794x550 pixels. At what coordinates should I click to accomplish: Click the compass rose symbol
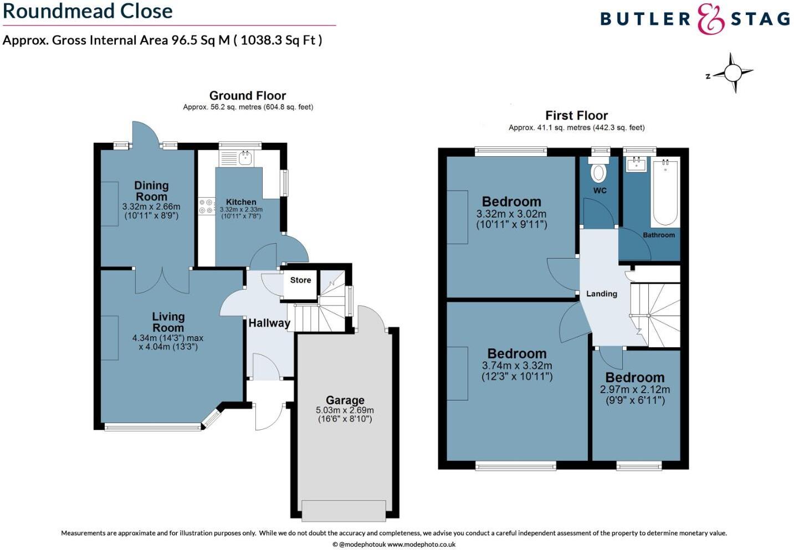pyautogui.click(x=732, y=73)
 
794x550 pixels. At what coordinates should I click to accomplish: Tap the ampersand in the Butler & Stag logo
pyautogui.click(x=710, y=19)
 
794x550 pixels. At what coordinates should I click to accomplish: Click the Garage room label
pyautogui.click(x=345, y=400)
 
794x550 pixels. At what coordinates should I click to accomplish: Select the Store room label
pyautogui.click(x=300, y=280)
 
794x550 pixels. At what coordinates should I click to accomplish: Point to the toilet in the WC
pyautogui.click(x=598, y=172)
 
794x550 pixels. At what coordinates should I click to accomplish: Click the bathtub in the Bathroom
pyautogui.click(x=664, y=192)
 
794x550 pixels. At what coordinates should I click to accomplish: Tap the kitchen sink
pyautogui.click(x=245, y=158)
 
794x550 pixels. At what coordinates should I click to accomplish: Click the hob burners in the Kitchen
pyautogui.click(x=207, y=207)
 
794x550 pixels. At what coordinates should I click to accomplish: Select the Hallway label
pyautogui.click(x=269, y=323)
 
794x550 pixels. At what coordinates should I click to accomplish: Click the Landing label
pyautogui.click(x=601, y=294)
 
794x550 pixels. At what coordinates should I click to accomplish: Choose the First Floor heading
pyautogui.click(x=576, y=115)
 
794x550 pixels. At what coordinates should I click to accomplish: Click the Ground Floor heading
pyautogui.click(x=247, y=95)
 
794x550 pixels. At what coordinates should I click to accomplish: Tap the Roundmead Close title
pyautogui.click(x=88, y=11)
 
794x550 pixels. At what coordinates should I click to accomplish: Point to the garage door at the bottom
pyautogui.click(x=344, y=510)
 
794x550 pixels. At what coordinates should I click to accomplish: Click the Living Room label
pyautogui.click(x=168, y=322)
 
